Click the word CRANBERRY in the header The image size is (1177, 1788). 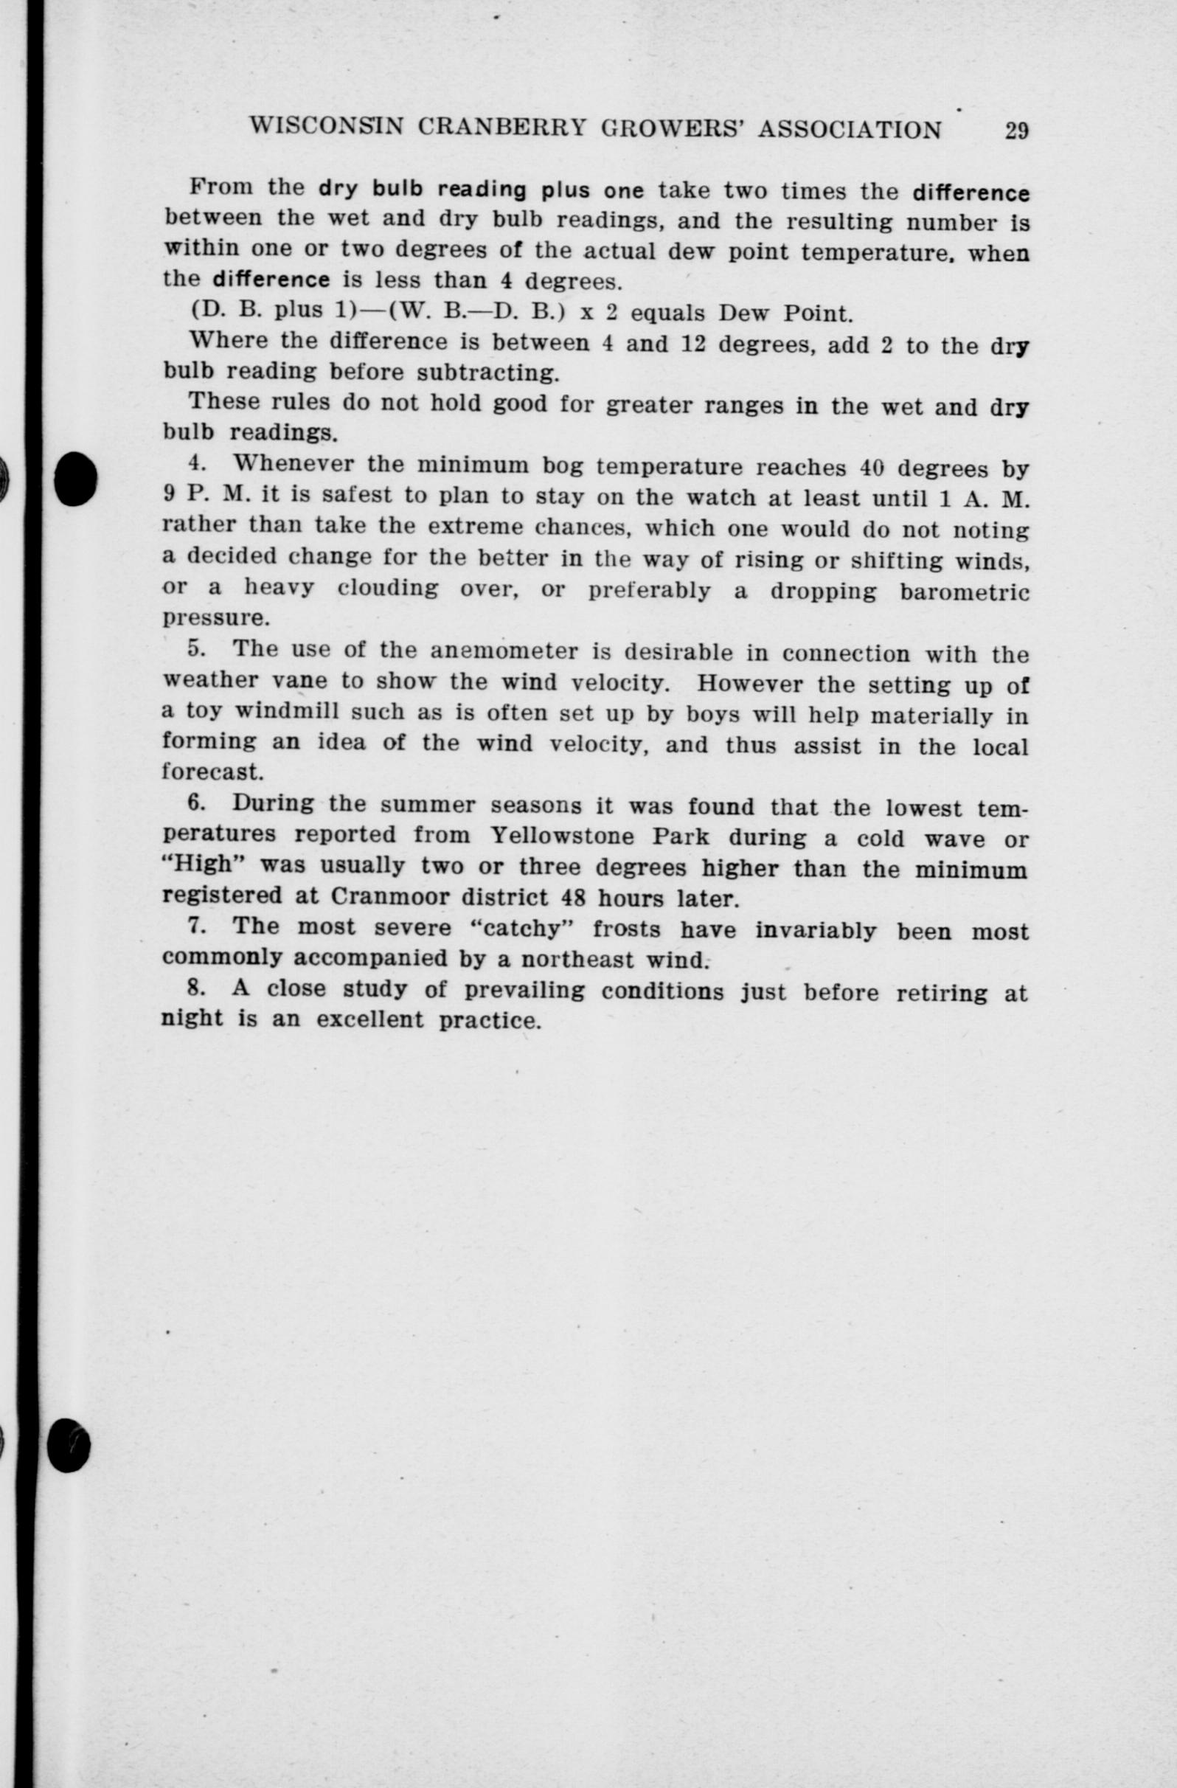tap(501, 128)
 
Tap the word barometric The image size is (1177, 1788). tap(965, 592)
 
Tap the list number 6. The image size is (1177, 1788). tap(196, 803)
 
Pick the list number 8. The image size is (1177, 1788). tap(196, 988)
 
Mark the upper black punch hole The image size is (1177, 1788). tap(75, 478)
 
